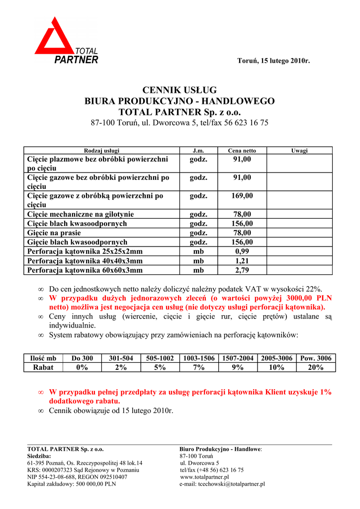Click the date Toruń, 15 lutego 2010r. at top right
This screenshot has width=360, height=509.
pos(273,61)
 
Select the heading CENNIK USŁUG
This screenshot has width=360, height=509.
pos(180,90)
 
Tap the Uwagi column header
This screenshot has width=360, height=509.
pos(299,150)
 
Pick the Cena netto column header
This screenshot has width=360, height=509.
pos(242,150)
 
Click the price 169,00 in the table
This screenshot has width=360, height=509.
pos(242,196)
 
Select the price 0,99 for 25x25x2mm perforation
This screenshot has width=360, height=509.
pos(242,252)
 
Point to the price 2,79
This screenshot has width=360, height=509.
pos(242,270)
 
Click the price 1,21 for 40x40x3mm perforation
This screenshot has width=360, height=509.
pos(242,261)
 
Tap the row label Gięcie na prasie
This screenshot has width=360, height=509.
pos(54,233)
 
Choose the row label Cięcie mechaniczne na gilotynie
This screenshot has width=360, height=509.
pos(81,214)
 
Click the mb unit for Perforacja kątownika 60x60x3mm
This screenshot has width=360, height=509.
pos(198,270)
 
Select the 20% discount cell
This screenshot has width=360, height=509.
pos(316,367)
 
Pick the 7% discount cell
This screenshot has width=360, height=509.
pos(198,367)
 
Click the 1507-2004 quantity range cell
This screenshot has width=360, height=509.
pos(238,358)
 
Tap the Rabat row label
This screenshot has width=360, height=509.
pos(43,367)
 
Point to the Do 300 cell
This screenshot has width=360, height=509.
pos(82,358)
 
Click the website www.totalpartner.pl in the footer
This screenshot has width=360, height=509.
pos(201,477)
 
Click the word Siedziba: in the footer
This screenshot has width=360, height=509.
pos(39,456)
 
